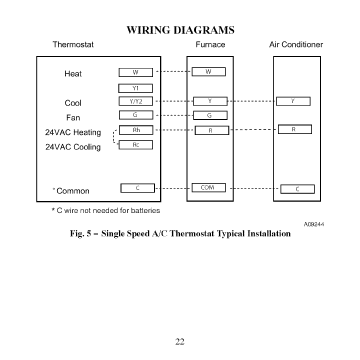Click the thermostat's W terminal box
[135, 72]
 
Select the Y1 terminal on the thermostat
[135, 88]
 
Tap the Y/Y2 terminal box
[135, 101]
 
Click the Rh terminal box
[135, 130]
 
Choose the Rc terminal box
[135, 145]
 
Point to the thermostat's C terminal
[137, 188]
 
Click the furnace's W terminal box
[209, 72]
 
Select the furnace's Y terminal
[210, 101]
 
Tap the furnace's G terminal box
[210, 116]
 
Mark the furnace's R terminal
[211, 130]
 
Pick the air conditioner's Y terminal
[293, 101]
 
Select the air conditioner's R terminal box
[294, 129]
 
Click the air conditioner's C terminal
[297, 189]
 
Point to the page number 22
[180, 342]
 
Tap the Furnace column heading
[210, 44]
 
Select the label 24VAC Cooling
[73, 147]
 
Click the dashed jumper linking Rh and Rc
[114, 137]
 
